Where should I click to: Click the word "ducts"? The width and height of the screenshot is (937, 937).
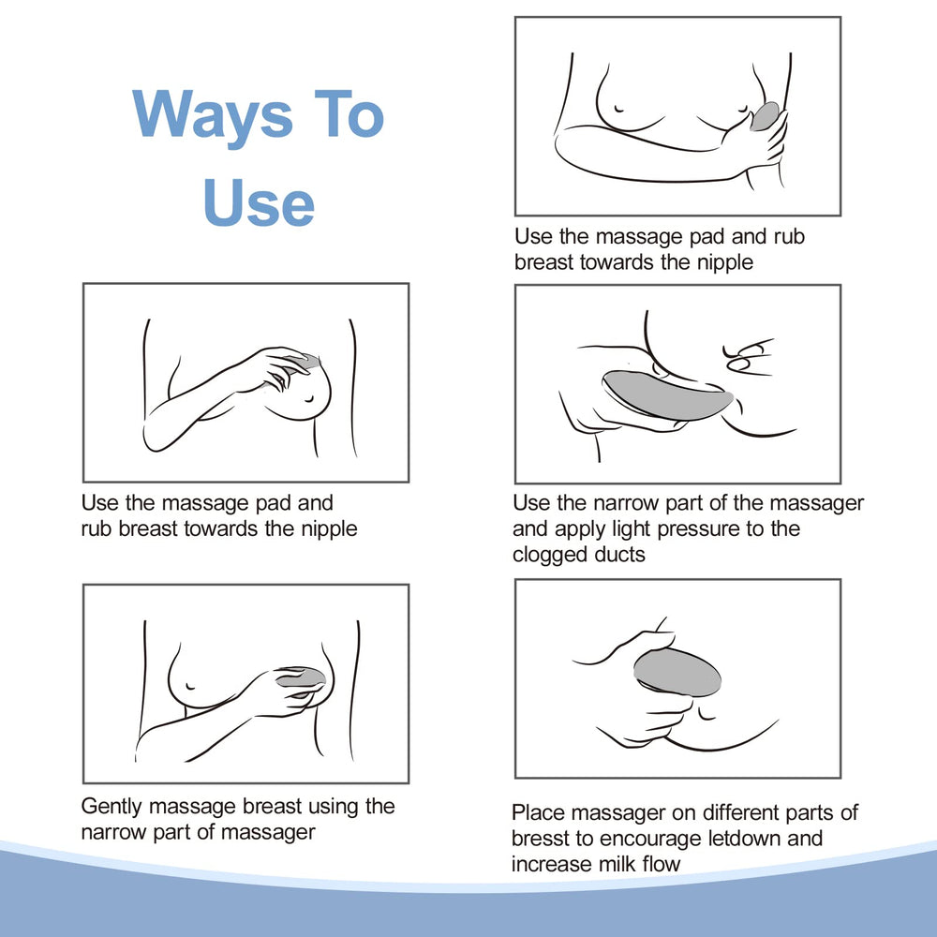click(x=620, y=555)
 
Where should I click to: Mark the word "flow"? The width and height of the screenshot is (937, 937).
click(x=664, y=863)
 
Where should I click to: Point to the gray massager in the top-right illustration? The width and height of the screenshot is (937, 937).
click(x=765, y=117)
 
